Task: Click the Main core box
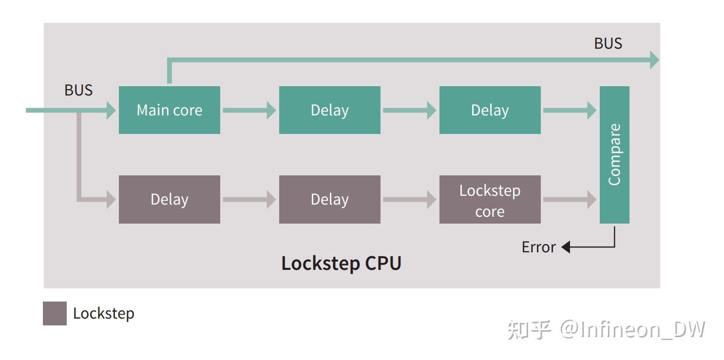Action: (169, 110)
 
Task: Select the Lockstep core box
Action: (490, 200)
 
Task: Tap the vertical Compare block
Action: (614, 154)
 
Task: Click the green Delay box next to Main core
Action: (329, 110)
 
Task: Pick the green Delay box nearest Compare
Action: (490, 110)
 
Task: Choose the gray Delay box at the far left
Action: (169, 200)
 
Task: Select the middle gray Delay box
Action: (329, 200)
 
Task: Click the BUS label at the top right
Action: (608, 43)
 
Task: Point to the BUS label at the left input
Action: (78, 90)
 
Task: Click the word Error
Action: (538, 247)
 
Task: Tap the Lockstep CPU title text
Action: (341, 263)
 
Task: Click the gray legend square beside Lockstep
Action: (55, 313)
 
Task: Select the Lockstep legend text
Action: (103, 313)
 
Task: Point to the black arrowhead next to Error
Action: (566, 247)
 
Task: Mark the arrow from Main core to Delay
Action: (249, 111)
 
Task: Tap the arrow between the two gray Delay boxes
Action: (249, 200)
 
